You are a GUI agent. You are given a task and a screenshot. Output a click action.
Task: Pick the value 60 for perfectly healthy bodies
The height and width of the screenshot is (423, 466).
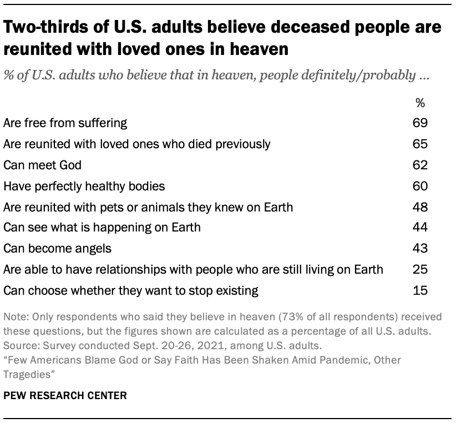420,185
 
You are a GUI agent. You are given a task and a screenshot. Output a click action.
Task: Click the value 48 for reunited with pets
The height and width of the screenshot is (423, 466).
420,207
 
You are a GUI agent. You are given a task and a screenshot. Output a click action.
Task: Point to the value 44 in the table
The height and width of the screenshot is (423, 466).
420,228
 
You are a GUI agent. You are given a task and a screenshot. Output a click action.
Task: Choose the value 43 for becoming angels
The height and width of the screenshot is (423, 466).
420,248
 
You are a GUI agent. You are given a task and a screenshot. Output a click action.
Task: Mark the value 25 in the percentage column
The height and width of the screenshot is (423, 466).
420,269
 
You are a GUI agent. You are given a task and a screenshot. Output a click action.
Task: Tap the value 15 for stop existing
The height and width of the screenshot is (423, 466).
420,290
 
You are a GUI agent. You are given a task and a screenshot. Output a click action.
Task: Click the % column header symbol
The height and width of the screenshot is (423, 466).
420,103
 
